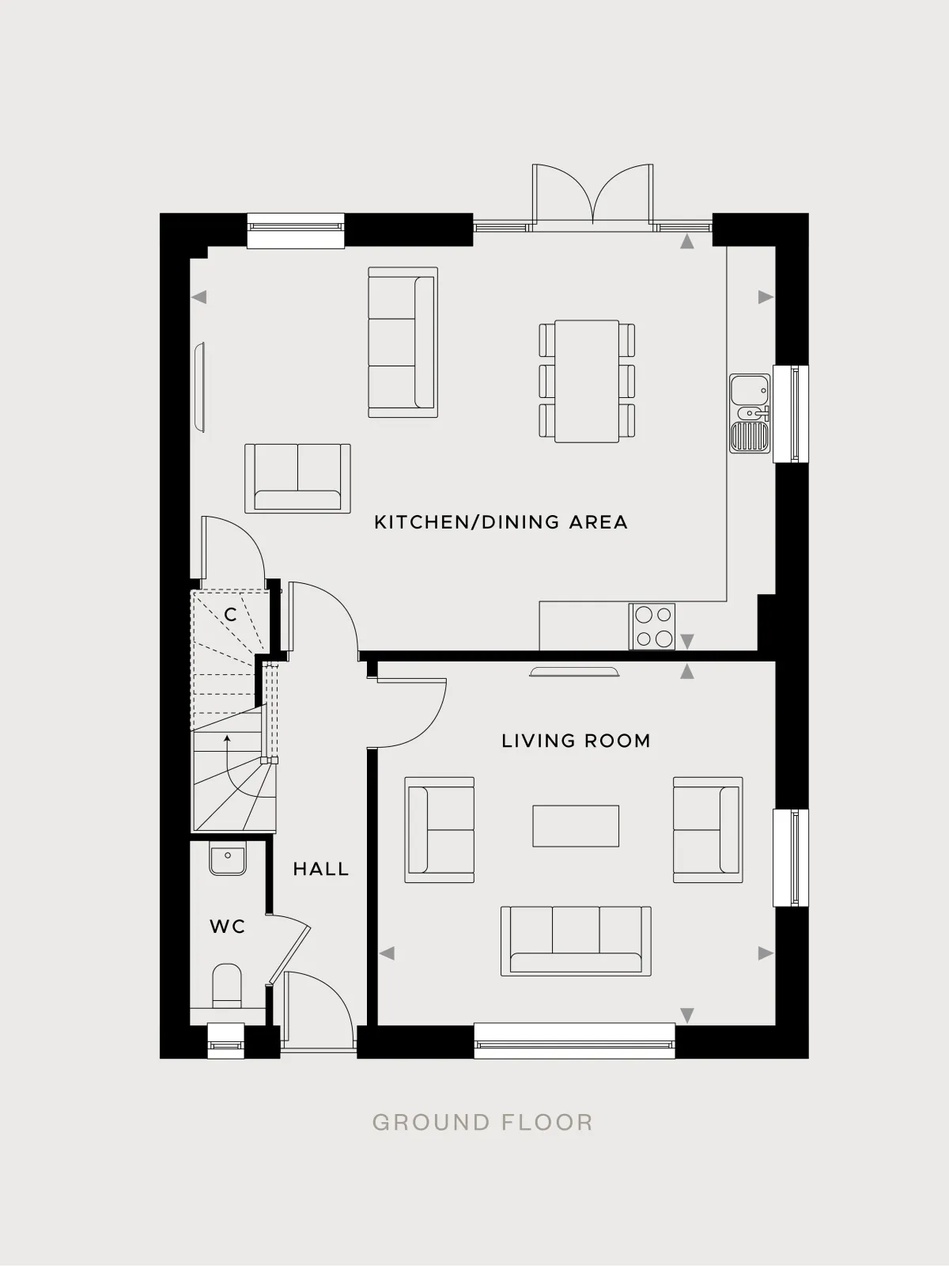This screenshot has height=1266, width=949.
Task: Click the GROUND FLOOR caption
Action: click(x=482, y=1122)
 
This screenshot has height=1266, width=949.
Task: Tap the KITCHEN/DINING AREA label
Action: click(x=501, y=522)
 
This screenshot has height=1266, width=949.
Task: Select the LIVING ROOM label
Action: click(x=576, y=741)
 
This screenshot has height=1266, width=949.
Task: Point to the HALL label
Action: click(x=321, y=869)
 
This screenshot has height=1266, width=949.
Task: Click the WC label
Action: click(x=228, y=927)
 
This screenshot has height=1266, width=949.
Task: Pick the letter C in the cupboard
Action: click(x=230, y=615)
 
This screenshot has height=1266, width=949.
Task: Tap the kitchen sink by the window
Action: click(x=750, y=413)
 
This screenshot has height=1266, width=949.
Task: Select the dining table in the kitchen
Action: click(x=587, y=381)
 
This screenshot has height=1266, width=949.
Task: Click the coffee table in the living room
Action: click(x=576, y=826)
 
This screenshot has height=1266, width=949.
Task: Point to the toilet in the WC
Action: click(x=227, y=987)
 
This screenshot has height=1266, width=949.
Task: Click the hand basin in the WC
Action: click(x=229, y=859)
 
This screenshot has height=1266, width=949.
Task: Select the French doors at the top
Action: click(x=592, y=197)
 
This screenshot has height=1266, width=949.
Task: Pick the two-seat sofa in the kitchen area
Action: click(x=297, y=478)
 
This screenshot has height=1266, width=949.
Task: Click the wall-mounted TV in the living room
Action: click(x=574, y=671)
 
